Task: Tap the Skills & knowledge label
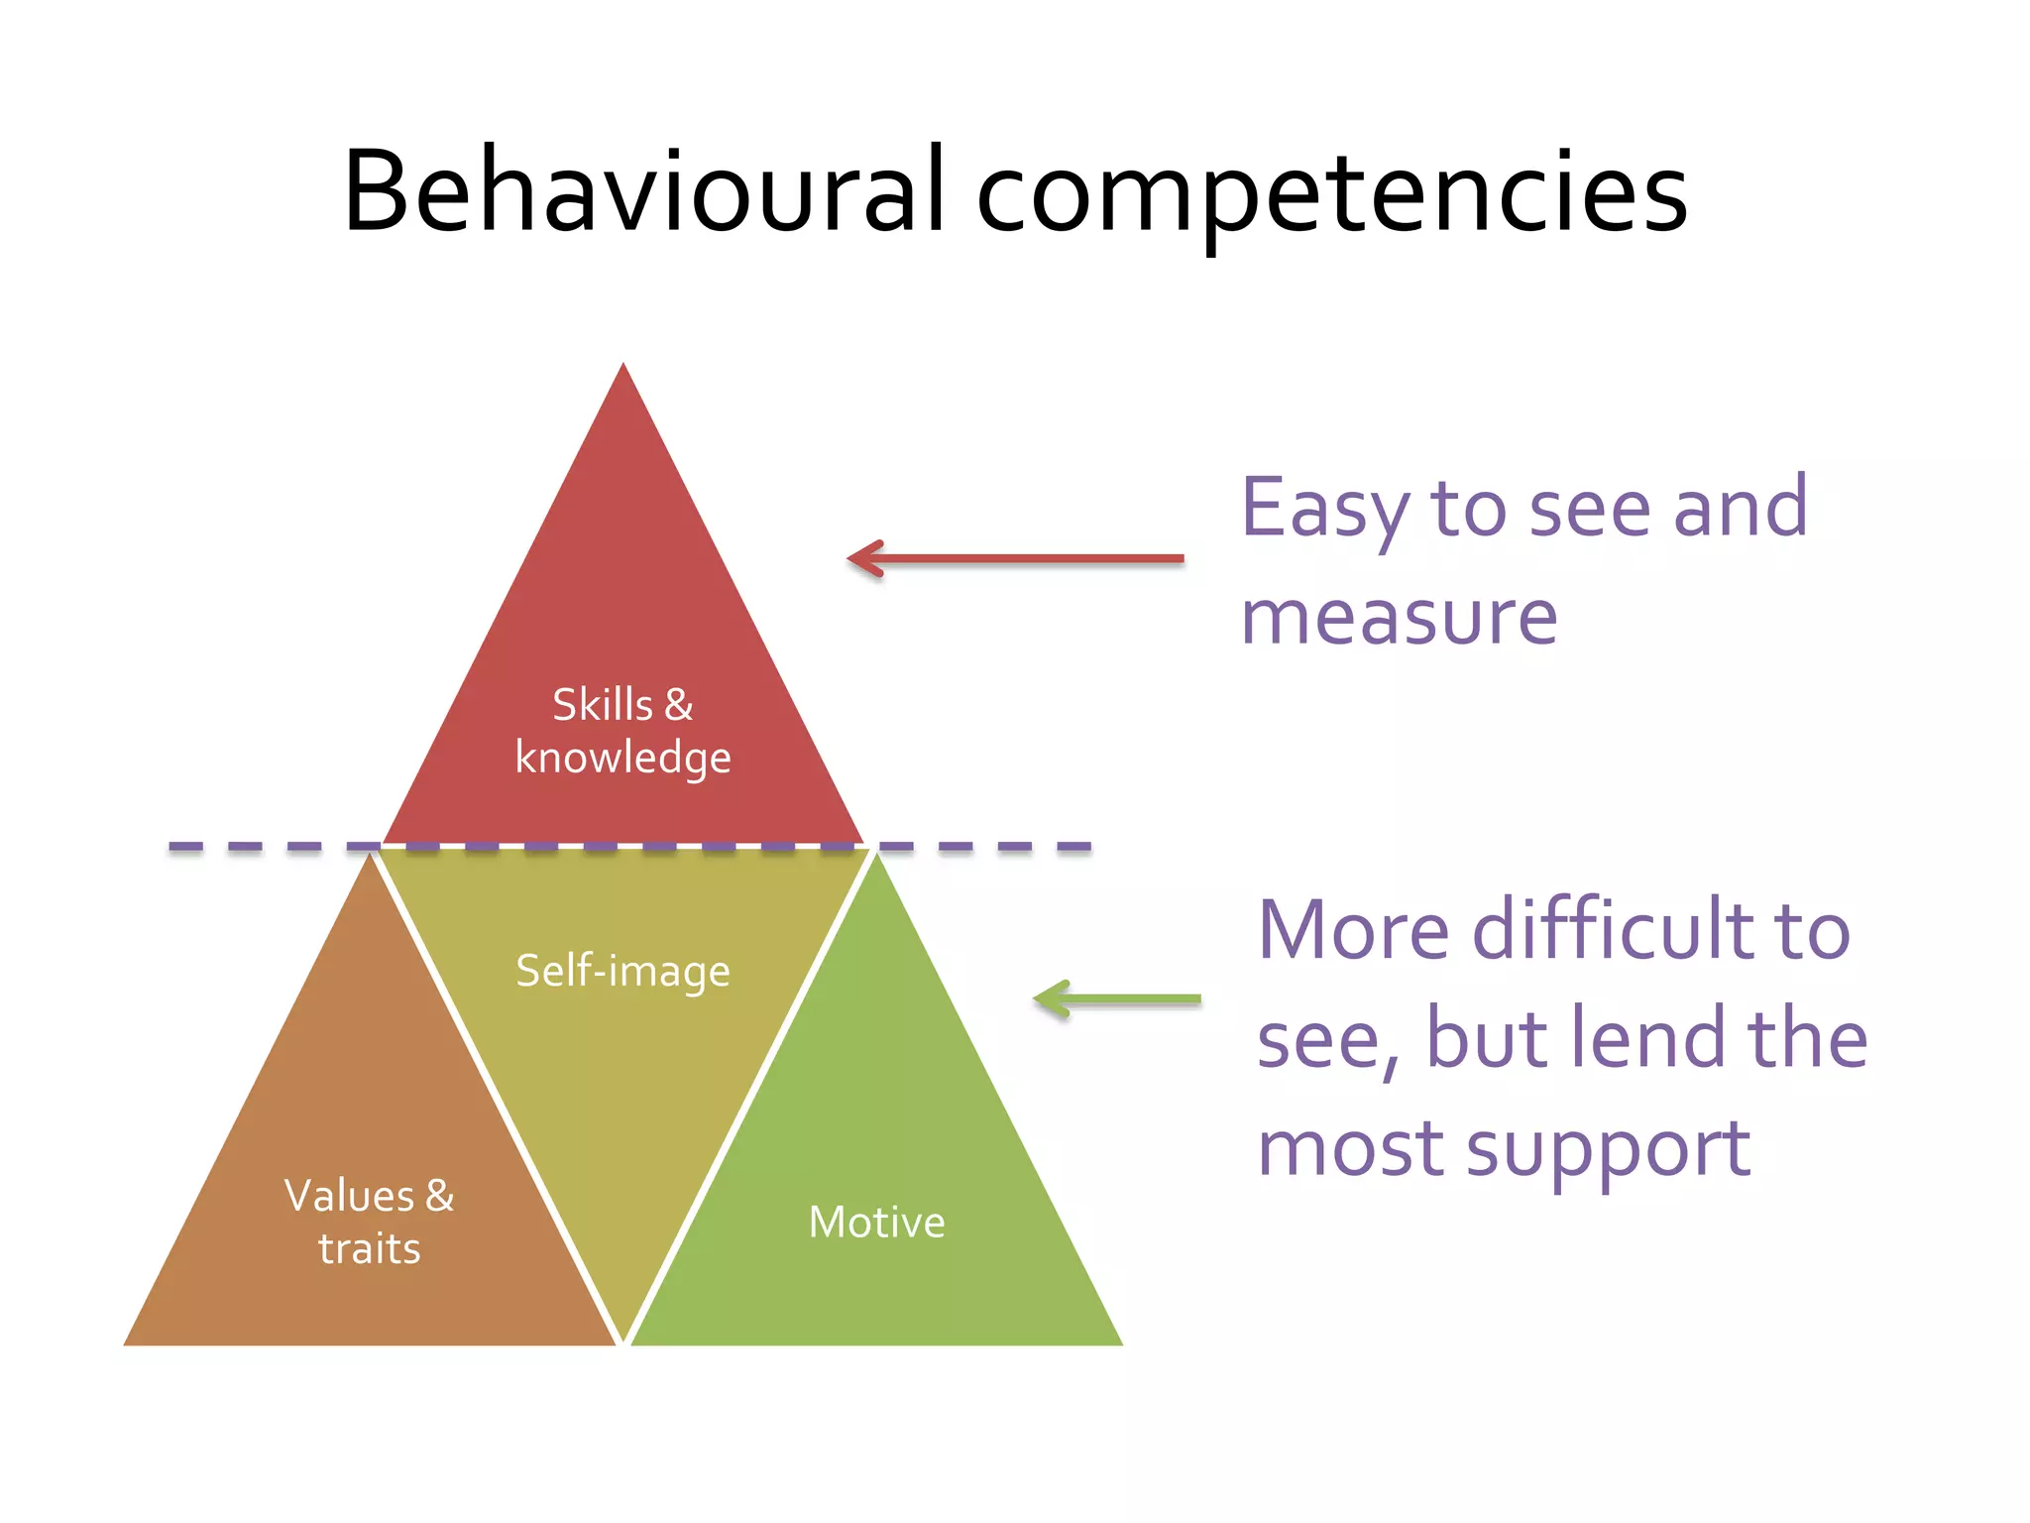[622, 731]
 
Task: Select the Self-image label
[622, 971]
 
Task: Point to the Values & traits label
[369, 1222]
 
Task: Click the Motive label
[876, 1222]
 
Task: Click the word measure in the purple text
[1399, 617]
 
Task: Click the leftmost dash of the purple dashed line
[185, 847]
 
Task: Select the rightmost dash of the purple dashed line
[1074, 847]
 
